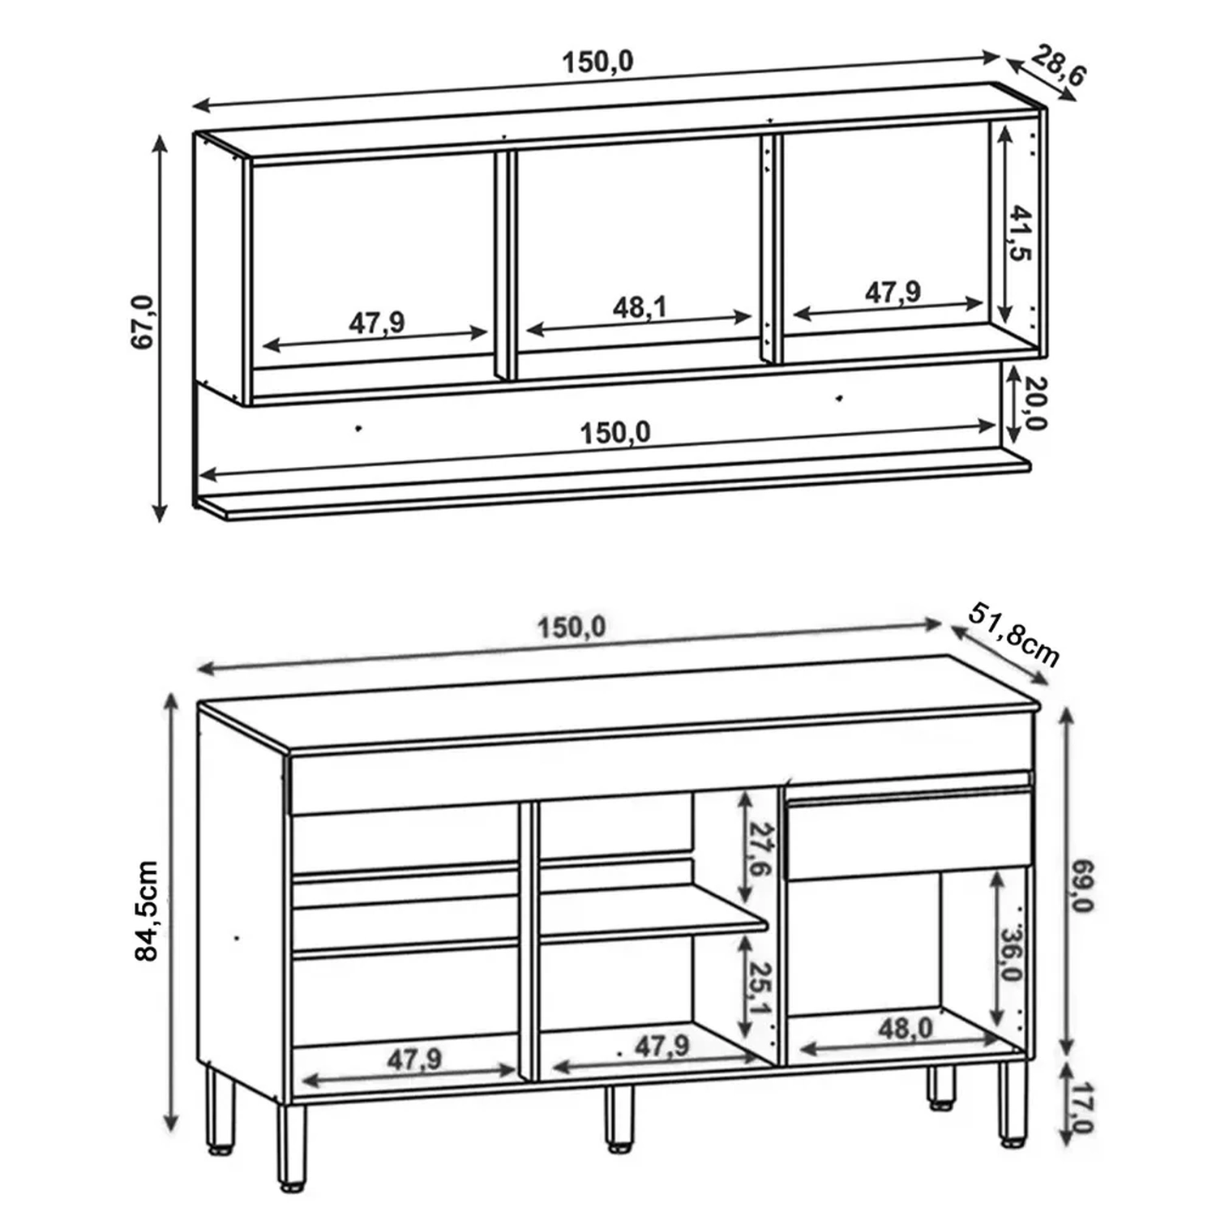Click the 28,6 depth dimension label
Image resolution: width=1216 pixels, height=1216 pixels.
(1059, 66)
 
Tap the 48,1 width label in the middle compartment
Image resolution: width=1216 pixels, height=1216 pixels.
(640, 307)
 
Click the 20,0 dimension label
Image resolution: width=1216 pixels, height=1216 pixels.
(1034, 403)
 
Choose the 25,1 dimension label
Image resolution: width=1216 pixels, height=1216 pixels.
(760, 988)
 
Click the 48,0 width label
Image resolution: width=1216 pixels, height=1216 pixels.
(906, 1029)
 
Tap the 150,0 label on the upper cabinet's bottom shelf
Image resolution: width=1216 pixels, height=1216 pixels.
(615, 433)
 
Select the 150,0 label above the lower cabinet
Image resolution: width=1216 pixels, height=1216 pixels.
(572, 627)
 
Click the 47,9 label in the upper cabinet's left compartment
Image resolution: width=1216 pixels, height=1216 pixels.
(377, 323)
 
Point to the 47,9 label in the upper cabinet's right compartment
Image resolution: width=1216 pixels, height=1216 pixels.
(893, 292)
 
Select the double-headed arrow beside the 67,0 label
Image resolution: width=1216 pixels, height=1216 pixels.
(160, 328)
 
